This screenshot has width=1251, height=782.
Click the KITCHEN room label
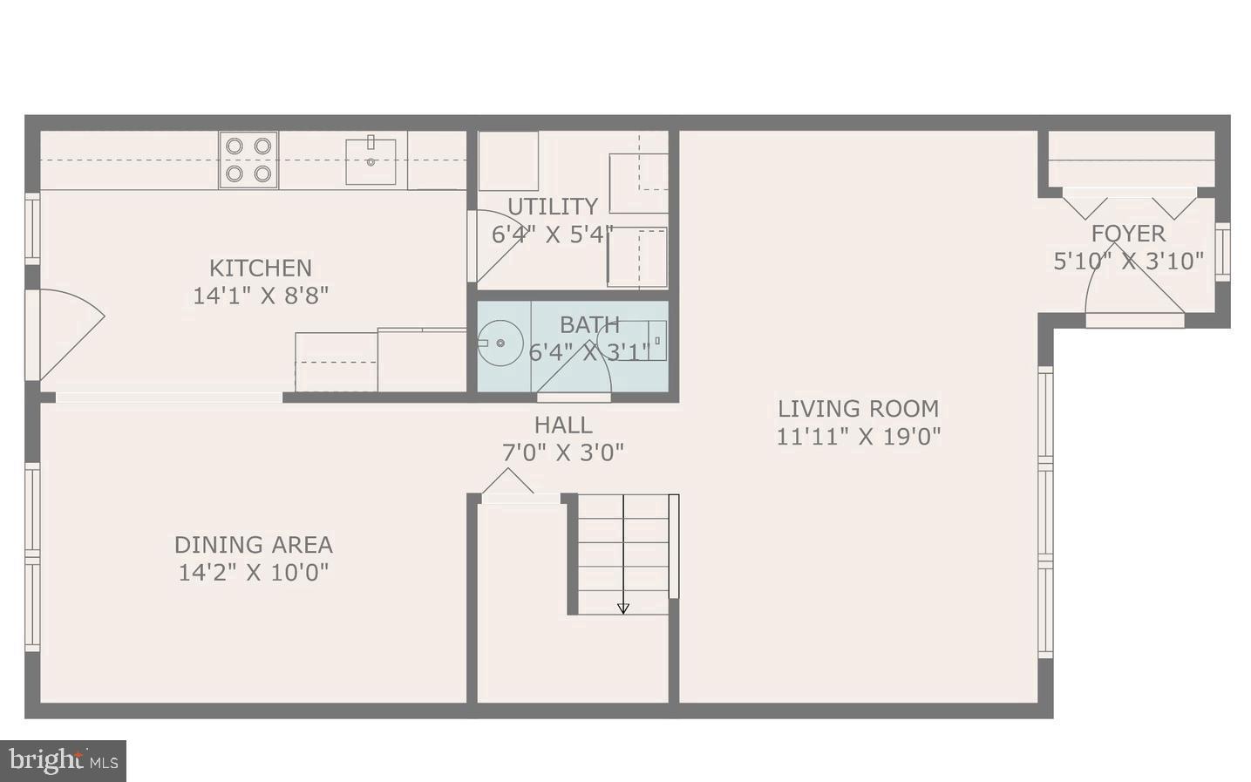(260, 268)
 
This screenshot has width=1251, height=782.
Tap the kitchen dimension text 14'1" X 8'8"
(260, 296)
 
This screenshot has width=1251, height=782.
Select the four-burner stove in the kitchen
(248, 160)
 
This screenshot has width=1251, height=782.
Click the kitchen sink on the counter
(371, 160)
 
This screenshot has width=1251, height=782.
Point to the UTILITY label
(553, 207)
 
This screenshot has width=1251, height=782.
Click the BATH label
(589, 324)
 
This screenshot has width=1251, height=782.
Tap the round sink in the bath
(500, 343)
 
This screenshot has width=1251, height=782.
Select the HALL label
(563, 425)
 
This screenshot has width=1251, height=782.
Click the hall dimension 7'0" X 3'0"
(563, 453)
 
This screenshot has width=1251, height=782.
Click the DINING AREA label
(254, 545)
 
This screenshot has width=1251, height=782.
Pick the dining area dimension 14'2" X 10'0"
(254, 573)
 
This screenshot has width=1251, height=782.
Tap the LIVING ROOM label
(858, 409)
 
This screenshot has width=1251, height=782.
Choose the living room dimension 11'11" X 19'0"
(858, 436)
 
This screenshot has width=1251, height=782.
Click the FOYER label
(1128, 234)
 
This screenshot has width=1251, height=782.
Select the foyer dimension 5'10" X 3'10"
(1128, 261)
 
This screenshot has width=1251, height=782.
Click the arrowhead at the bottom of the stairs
(623, 609)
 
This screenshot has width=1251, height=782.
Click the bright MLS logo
(64, 760)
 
